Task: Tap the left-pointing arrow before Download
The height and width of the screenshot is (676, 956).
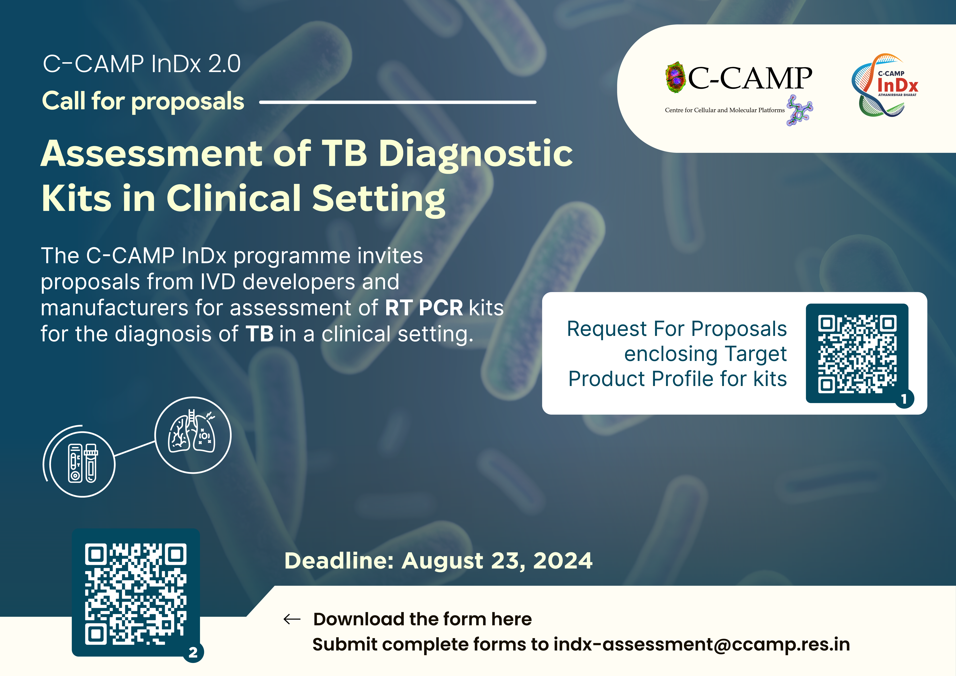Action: [292, 619]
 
